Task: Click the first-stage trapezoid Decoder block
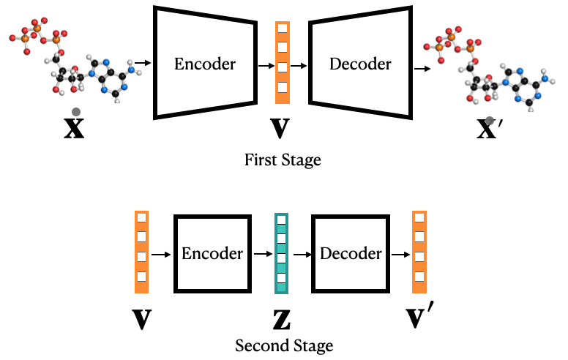click(x=359, y=64)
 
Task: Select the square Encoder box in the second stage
click(x=212, y=253)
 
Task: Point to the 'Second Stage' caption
click(x=284, y=345)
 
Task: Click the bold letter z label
click(x=281, y=317)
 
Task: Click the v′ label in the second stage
click(x=421, y=316)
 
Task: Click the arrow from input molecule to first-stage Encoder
click(x=143, y=64)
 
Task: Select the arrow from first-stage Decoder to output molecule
click(x=422, y=68)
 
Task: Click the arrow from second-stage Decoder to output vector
click(x=399, y=255)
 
